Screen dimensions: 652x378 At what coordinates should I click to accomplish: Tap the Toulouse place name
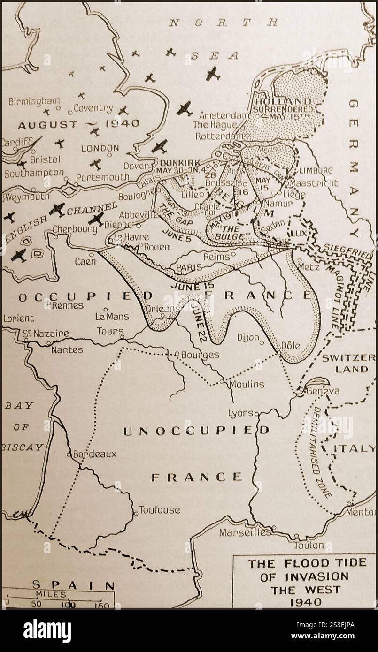(159, 510)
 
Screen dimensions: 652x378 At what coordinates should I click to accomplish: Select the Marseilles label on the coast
(245, 532)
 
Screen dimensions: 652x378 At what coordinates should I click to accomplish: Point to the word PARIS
(189, 267)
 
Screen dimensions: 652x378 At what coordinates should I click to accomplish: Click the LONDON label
(100, 148)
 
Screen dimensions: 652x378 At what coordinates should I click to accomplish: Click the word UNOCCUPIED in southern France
(196, 431)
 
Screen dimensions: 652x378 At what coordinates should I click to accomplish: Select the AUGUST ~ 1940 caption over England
(78, 124)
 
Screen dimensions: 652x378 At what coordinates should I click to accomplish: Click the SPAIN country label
(72, 585)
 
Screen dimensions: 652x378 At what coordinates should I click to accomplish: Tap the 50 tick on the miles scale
(36, 604)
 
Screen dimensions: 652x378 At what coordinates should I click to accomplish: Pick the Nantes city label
(67, 349)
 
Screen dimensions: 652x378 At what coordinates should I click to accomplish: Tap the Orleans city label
(163, 309)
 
